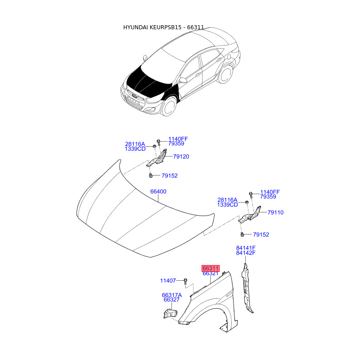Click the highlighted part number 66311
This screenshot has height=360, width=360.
(x=210, y=268)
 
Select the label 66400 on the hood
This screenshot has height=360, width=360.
(x=158, y=192)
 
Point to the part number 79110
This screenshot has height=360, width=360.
(x=275, y=212)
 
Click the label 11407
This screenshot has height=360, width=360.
(x=168, y=281)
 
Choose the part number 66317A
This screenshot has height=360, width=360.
(x=172, y=295)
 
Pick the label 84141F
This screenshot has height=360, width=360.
(x=246, y=248)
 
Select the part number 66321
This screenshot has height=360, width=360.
(x=210, y=274)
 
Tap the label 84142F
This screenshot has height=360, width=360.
(x=246, y=253)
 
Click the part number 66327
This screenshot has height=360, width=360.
(x=171, y=300)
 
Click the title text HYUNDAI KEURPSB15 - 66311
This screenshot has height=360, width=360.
(x=164, y=27)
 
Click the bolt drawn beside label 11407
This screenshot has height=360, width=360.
(x=185, y=282)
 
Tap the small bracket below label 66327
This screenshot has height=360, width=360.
(x=170, y=313)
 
